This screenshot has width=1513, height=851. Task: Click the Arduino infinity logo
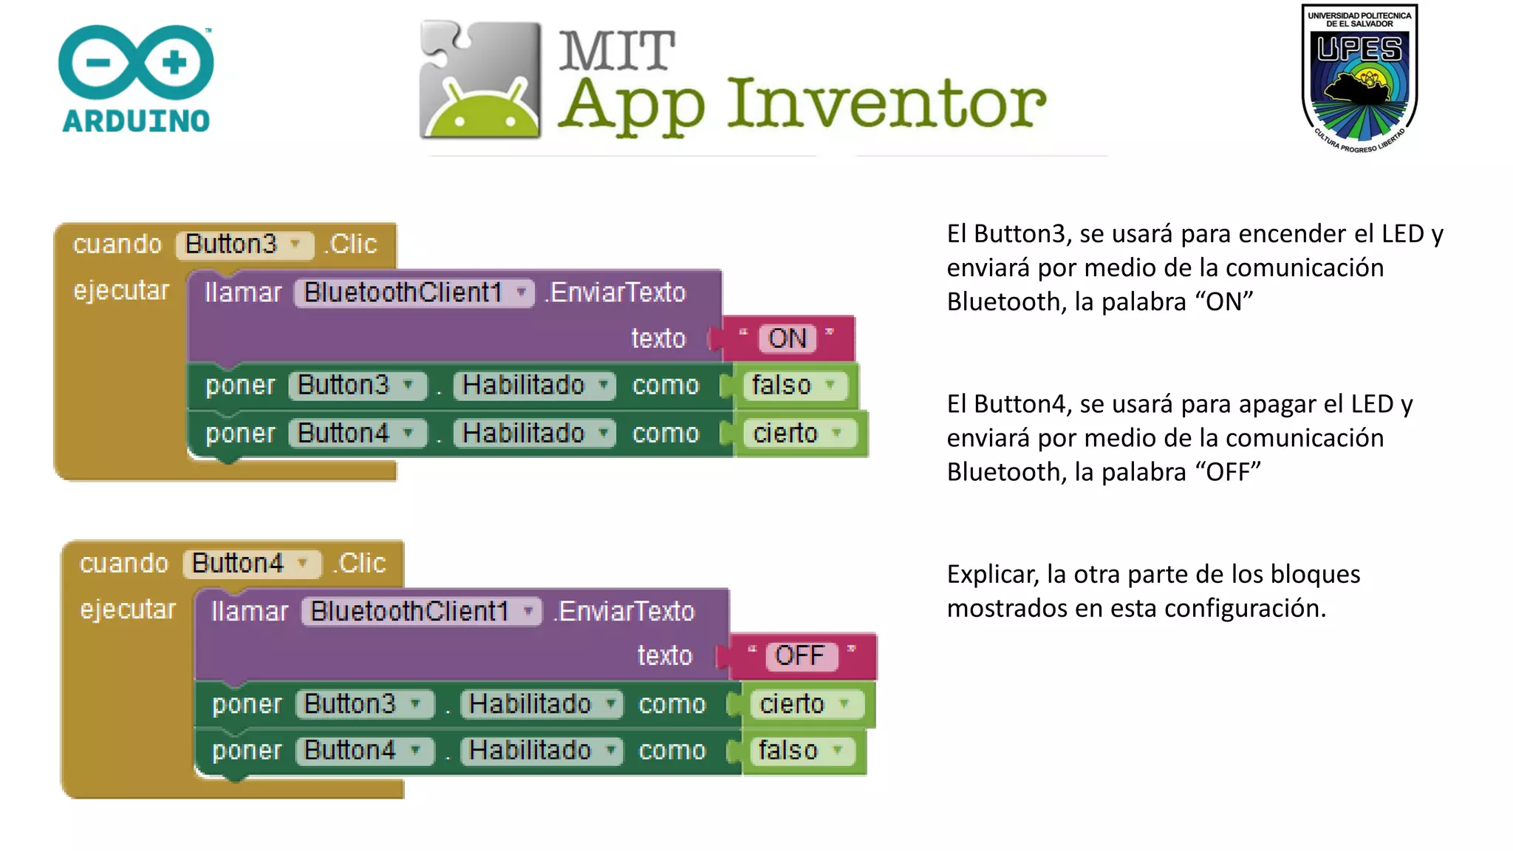[136, 62]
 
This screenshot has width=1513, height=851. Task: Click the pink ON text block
[788, 338]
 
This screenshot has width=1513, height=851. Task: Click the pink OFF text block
[799, 655]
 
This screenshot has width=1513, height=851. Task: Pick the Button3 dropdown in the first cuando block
[245, 245]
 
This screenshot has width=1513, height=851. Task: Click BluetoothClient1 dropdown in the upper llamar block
[414, 293]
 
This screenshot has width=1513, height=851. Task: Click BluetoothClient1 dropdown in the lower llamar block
[421, 612]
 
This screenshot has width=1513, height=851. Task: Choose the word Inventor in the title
[887, 103]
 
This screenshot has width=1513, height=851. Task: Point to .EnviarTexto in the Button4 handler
[624, 612]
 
